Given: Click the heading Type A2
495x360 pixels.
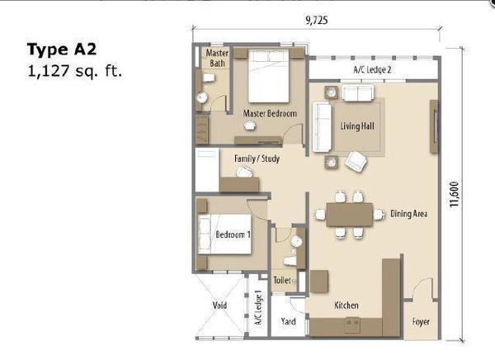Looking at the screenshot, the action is pyautogui.click(x=62, y=50).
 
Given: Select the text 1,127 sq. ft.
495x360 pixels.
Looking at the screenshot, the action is pyautogui.click(x=75, y=71).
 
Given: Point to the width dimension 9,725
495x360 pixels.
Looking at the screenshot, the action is pyautogui.click(x=316, y=20).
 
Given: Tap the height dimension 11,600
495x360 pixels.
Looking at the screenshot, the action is pyautogui.click(x=454, y=194).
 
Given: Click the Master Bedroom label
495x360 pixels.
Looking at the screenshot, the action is pyautogui.click(x=270, y=113).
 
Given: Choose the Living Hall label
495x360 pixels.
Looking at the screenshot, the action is pyautogui.click(x=357, y=126).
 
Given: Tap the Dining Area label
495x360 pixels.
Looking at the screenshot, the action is pyautogui.click(x=409, y=214).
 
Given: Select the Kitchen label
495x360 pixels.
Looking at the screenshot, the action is pyautogui.click(x=346, y=305).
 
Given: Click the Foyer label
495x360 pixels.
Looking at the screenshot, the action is pyautogui.click(x=421, y=322).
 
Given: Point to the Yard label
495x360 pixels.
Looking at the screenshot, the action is pyautogui.click(x=288, y=321).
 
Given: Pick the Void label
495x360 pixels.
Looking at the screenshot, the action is pyautogui.click(x=219, y=305).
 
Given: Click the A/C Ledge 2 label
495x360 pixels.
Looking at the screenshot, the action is pyautogui.click(x=372, y=69).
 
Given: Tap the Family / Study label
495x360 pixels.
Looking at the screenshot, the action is pyautogui.click(x=257, y=159).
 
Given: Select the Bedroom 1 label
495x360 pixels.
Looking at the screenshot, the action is pyautogui.click(x=233, y=234).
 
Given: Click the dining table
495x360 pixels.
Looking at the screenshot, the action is pyautogui.click(x=350, y=215).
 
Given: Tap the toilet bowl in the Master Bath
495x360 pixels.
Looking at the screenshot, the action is pyautogui.click(x=208, y=78).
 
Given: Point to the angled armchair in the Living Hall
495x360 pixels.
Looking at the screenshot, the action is pyautogui.click(x=356, y=161).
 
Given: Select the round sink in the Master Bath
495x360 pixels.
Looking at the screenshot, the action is pyautogui.click(x=201, y=97).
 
